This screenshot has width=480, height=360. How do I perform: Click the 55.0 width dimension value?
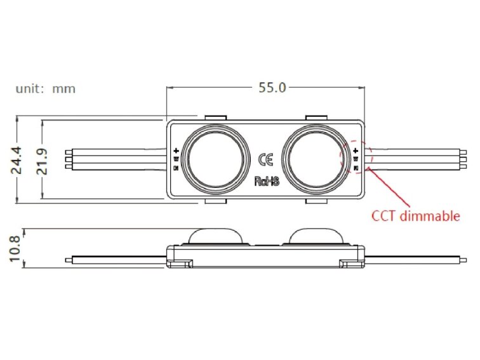pyautogui.click(x=272, y=88)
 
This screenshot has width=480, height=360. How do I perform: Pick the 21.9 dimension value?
pyautogui.click(x=43, y=160)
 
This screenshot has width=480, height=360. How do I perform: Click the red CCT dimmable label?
pyautogui.click(x=415, y=216)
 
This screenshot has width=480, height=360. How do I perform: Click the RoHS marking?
pyautogui.click(x=267, y=181)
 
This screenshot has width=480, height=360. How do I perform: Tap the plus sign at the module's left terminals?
pyautogui.click(x=176, y=151)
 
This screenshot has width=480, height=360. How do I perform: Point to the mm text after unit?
pyautogui.click(x=63, y=89)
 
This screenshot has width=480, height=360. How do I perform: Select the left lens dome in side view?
pyautogui.click(x=213, y=236)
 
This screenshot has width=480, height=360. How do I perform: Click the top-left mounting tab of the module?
pyautogui.click(x=215, y=118)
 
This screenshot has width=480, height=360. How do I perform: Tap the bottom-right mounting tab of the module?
pyautogui.click(x=316, y=201)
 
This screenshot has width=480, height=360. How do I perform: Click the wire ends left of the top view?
pyautogui.click(x=69, y=159)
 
